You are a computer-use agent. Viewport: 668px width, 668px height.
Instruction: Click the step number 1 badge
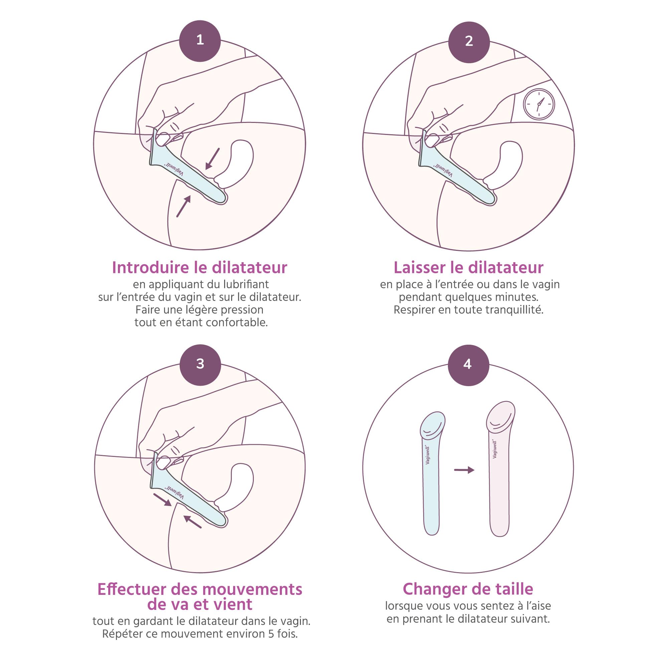click(200, 41)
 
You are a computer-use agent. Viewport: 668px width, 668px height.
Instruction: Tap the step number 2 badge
click(469, 41)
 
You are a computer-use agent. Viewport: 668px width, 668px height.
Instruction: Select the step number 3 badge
click(200, 364)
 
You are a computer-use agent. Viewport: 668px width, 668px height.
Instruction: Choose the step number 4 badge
click(469, 365)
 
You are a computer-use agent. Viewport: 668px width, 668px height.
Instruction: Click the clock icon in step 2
click(539, 104)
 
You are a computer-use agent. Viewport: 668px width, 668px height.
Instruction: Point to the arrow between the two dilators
click(464, 470)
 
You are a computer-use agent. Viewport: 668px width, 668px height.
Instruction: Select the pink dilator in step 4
click(500, 469)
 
